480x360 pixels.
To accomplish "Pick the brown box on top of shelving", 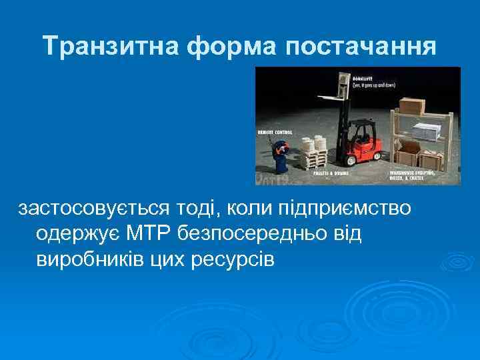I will [413, 105].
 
